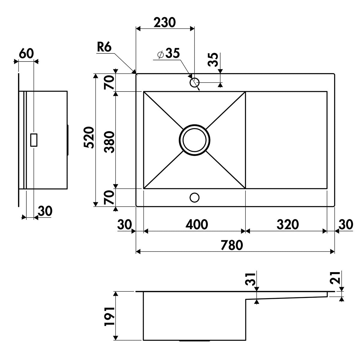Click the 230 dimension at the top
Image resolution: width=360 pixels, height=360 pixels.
(x=165, y=22)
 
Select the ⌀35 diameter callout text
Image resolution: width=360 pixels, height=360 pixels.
(x=169, y=53)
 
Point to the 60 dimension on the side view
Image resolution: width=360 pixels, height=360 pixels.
(x=26, y=53)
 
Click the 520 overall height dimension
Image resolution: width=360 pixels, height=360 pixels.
(x=88, y=137)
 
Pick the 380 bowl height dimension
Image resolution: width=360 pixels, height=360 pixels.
(x=109, y=142)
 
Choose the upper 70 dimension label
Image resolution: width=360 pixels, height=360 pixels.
(x=109, y=82)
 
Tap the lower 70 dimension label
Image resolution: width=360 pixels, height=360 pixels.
(x=109, y=197)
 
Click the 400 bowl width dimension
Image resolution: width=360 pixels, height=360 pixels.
(x=197, y=224)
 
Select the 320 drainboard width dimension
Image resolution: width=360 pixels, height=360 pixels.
(x=288, y=224)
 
